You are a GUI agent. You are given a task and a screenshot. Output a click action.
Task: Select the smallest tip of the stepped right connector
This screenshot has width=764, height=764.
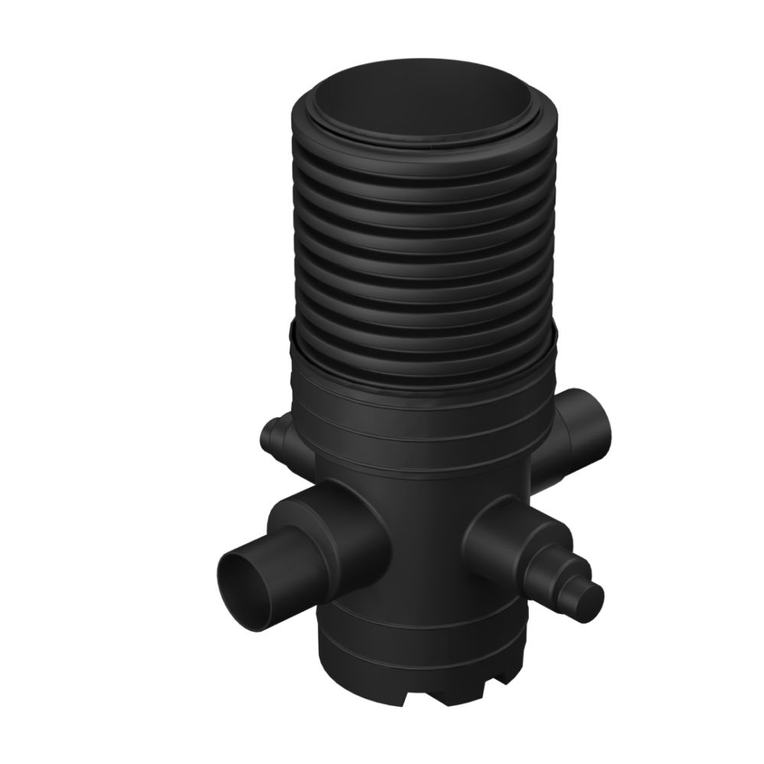592,591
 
